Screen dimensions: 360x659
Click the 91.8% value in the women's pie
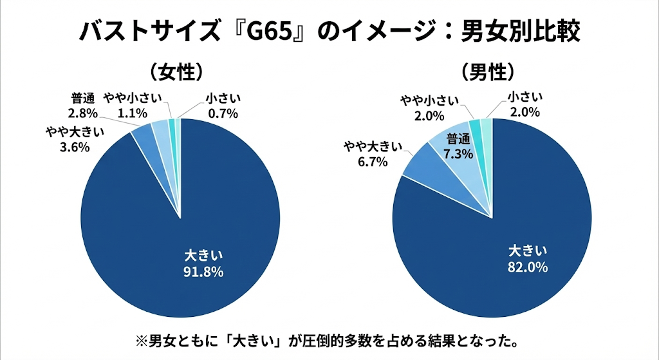click(203, 272)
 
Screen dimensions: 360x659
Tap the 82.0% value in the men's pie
click(527, 267)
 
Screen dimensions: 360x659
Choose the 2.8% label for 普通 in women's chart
click(82, 114)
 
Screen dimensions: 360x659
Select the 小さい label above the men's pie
click(525, 98)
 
